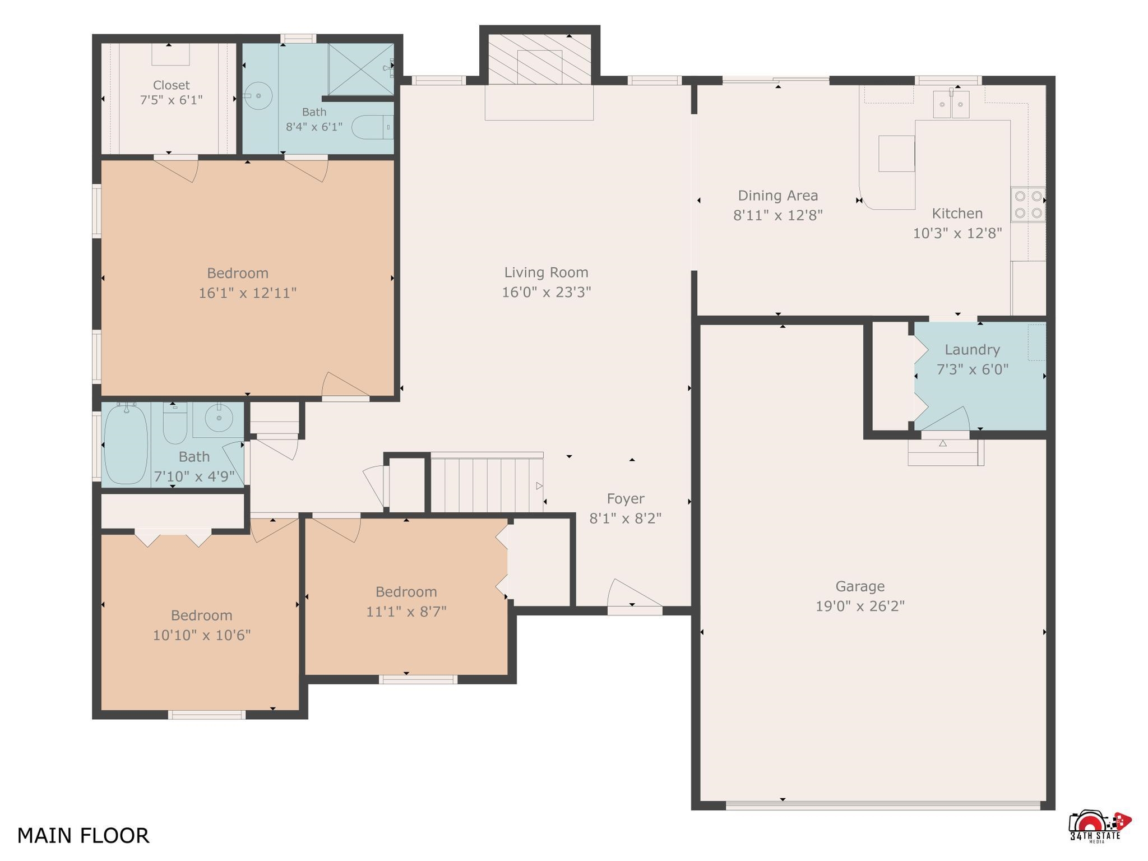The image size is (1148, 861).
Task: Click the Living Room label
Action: [x=546, y=272]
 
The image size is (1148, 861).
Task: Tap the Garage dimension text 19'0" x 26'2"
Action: [x=860, y=606]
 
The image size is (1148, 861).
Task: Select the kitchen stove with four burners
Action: [x=1028, y=204]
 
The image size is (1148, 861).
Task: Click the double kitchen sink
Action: [x=951, y=104]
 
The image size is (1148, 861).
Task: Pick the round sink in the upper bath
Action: [x=258, y=96]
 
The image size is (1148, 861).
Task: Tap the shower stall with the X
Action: [x=361, y=69]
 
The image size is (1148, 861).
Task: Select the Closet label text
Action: [x=171, y=85]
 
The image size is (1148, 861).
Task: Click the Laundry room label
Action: [x=972, y=350]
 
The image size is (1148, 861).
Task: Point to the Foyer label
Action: [x=626, y=498]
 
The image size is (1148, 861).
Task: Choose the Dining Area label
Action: [x=777, y=196]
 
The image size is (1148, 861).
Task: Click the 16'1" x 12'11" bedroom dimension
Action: [x=247, y=293]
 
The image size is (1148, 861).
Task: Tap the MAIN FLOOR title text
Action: [x=84, y=835]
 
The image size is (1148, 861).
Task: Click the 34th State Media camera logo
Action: [x=1099, y=826]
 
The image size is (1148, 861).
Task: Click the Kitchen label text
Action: [x=957, y=214]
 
